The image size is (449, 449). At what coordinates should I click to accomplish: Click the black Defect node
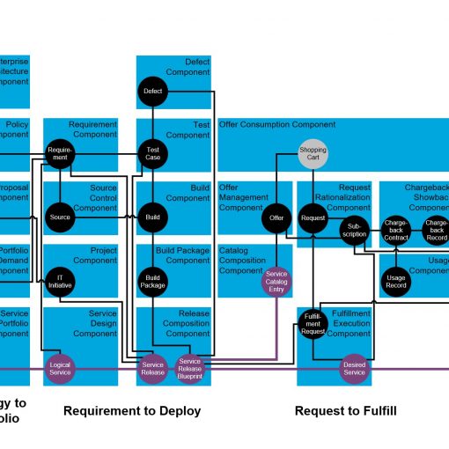(x=152, y=91)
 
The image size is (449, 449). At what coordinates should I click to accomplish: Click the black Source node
(x=60, y=217)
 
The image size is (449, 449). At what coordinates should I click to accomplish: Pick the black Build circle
(x=152, y=217)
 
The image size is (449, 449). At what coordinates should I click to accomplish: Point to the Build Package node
(x=152, y=280)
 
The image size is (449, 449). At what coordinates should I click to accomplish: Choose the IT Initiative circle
(x=60, y=280)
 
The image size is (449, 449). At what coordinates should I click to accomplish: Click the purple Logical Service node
(x=60, y=369)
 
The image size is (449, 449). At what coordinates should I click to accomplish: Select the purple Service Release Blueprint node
(x=190, y=369)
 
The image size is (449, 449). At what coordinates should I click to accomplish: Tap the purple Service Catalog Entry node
(x=276, y=280)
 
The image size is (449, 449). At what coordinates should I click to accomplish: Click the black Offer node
(x=276, y=217)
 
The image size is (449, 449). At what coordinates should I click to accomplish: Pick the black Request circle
(x=313, y=217)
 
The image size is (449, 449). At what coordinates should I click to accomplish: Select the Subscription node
(x=354, y=230)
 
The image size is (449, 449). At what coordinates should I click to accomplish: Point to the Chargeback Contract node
(x=396, y=230)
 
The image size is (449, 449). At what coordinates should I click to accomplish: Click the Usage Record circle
(x=396, y=280)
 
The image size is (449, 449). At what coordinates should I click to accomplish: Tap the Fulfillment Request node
(x=313, y=325)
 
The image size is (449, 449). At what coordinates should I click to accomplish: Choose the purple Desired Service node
(x=354, y=369)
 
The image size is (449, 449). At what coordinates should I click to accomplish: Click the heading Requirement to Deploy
(x=132, y=411)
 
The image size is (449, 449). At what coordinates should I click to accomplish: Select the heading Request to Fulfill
(x=345, y=411)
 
